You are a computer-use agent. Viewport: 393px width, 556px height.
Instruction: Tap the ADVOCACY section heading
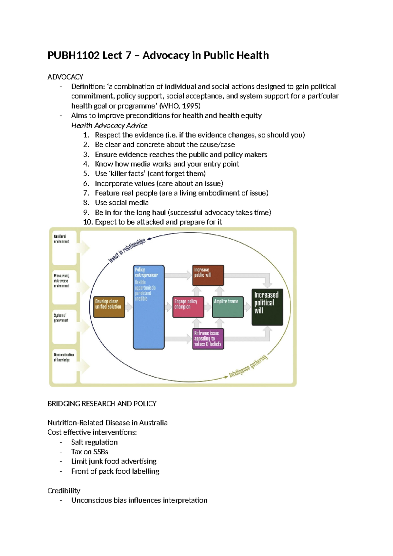[x=65, y=77]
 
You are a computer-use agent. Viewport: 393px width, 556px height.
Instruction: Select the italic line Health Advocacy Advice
[x=109, y=126]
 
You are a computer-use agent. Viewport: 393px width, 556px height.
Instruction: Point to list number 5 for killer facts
[x=86, y=174]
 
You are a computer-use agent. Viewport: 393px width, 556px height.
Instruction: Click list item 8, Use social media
[x=122, y=203]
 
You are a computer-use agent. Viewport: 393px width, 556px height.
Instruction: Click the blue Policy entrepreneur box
[x=148, y=307]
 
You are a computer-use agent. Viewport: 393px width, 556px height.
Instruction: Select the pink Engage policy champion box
[x=188, y=307]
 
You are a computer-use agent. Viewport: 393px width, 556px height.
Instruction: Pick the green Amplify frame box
[x=228, y=307]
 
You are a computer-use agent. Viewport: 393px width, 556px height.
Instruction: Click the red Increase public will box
[x=208, y=275]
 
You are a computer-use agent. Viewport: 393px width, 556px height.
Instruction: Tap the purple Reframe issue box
[x=208, y=339]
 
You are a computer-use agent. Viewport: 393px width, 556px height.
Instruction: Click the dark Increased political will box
[x=267, y=307]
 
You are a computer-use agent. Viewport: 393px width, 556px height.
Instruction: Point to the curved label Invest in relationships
[x=127, y=250]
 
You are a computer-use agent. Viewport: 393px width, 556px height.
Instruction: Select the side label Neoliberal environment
[x=62, y=239]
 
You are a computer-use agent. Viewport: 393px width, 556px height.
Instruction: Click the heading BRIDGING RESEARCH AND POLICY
[x=102, y=404]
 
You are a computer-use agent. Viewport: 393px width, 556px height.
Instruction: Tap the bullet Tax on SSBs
[x=89, y=452]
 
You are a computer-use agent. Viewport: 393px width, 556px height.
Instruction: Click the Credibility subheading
[x=64, y=491]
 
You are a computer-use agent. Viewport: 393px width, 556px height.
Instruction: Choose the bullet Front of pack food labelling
[x=115, y=471]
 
